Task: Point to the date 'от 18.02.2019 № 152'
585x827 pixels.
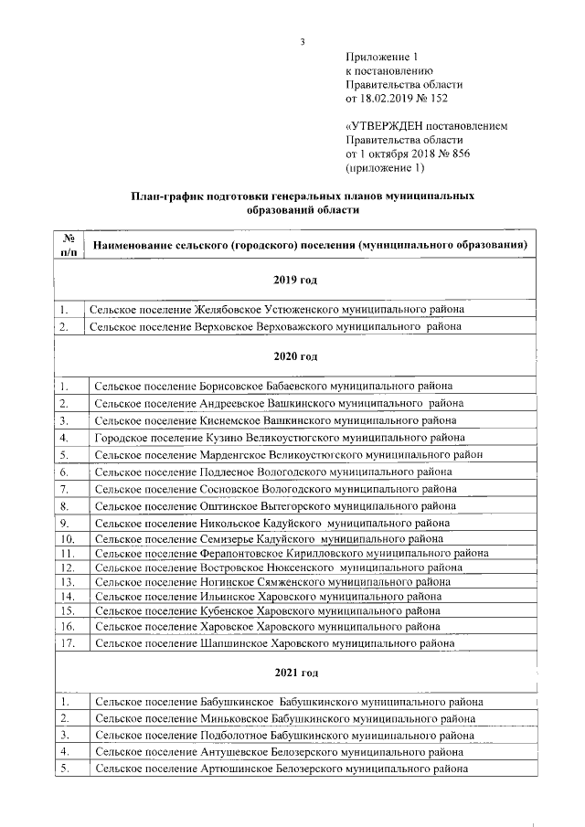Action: click(396, 98)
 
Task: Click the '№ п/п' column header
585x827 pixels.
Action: click(67, 244)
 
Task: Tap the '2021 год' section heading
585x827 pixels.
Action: click(296, 673)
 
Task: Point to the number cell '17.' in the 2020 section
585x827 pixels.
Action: click(67, 643)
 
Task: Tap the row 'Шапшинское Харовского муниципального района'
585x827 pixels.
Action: click(275, 643)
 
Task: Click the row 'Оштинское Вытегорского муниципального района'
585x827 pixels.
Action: click(273, 505)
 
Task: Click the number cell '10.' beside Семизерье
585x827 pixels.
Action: click(67, 539)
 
